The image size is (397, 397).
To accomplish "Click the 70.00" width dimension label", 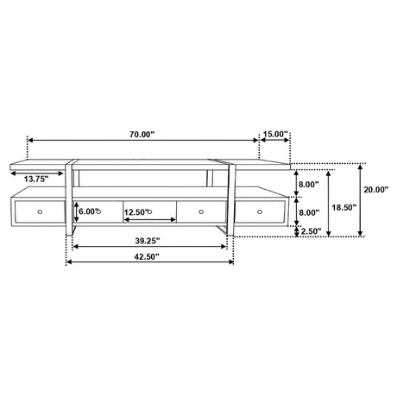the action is [142, 135].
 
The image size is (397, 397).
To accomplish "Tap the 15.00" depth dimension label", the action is [275, 134].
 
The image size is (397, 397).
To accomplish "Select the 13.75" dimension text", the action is [36, 179].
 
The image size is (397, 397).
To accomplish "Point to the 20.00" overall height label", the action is [376, 190].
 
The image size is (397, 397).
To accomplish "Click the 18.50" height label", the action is [344, 207].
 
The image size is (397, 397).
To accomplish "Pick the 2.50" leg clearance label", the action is [311, 231].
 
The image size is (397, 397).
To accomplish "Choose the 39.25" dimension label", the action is [148, 241].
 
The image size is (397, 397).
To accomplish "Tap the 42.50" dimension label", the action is [147, 256].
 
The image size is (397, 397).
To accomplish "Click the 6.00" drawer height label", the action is [88, 211].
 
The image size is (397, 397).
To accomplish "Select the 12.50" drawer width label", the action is [135, 212].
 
